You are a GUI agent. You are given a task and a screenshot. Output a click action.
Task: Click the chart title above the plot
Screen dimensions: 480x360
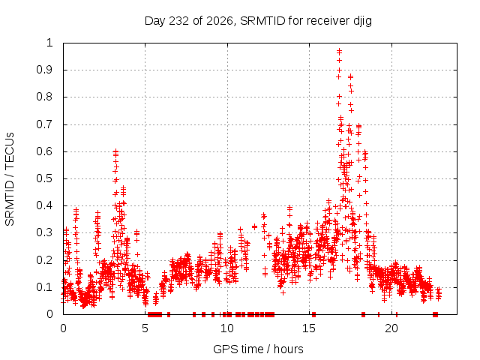(x=258, y=21)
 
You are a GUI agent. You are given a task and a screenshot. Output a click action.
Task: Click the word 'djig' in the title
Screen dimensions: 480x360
(x=363, y=22)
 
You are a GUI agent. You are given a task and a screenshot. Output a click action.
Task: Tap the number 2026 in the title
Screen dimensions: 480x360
(x=220, y=21)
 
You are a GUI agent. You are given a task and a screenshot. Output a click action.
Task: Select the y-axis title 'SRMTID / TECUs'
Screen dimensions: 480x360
(x=10, y=179)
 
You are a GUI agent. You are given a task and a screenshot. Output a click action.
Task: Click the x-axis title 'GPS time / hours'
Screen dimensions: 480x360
(x=258, y=349)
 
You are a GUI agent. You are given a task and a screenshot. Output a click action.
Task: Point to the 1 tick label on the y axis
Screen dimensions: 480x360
(x=49, y=43)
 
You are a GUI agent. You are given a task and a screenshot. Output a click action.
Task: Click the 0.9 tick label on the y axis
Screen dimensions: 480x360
(x=45, y=70)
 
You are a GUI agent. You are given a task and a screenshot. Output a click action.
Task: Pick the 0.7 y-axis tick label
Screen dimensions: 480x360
(x=45, y=124)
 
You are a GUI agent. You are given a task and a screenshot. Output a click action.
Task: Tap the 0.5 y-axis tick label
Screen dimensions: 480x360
(x=45, y=178)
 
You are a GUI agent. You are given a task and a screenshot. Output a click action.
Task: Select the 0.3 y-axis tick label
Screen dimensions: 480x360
(x=45, y=232)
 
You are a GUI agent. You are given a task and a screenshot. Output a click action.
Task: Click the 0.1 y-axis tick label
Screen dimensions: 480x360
(x=45, y=287)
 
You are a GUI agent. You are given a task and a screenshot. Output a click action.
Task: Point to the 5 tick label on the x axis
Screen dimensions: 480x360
(x=145, y=328)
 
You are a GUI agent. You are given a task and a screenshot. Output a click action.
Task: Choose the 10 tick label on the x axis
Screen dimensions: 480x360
(x=227, y=328)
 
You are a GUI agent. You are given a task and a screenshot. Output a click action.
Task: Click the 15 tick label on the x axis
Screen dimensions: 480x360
(x=309, y=328)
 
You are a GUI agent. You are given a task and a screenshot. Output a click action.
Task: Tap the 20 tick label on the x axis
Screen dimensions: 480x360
(x=391, y=328)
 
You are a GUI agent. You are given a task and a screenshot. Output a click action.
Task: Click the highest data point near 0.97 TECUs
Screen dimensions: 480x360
(x=339, y=49)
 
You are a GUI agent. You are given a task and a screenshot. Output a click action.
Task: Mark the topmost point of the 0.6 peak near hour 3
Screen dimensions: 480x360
(x=115, y=151)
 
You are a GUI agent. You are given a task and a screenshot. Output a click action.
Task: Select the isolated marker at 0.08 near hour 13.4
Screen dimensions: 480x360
(x=283, y=293)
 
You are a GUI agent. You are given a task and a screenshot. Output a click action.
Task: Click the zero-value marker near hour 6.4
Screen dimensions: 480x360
(x=168, y=314)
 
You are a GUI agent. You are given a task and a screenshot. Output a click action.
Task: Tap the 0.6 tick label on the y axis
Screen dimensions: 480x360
(x=45, y=151)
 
